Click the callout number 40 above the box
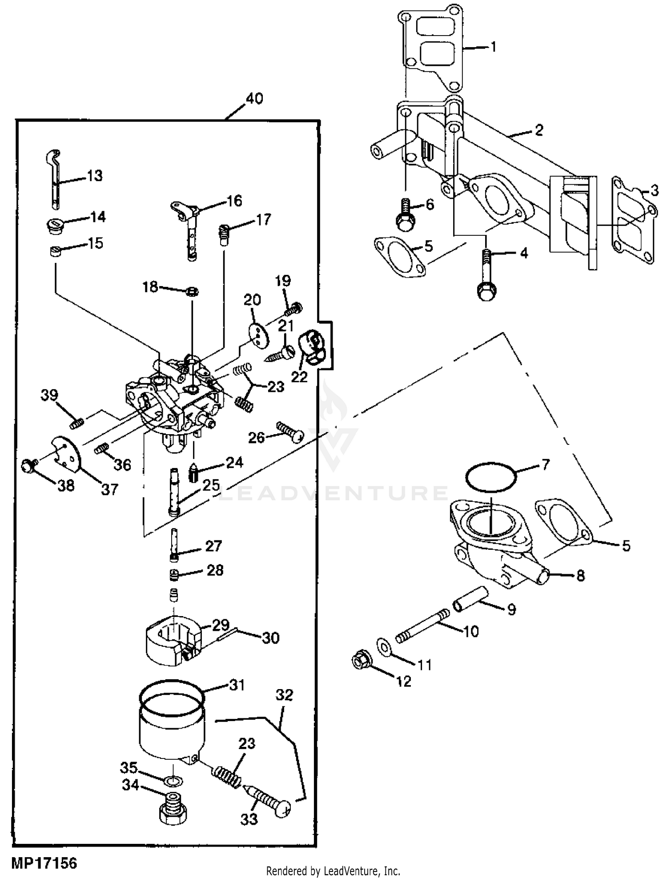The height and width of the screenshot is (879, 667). click(254, 98)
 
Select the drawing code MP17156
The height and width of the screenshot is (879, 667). click(44, 863)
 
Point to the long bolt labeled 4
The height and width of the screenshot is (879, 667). click(486, 274)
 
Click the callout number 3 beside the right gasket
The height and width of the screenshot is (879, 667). click(654, 191)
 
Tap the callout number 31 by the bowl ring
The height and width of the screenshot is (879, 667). click(237, 685)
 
